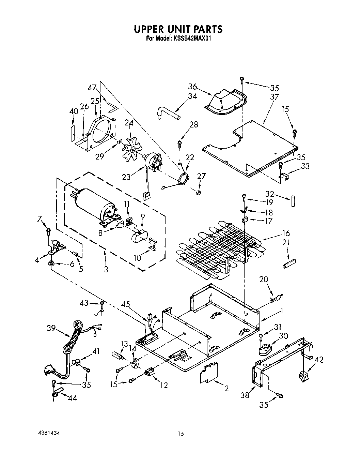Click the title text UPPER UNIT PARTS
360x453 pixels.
(178, 29)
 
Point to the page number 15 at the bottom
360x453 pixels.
(181, 434)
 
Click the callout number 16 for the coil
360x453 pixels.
(286, 233)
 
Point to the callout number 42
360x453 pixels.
(319, 360)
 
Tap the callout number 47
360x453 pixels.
(92, 88)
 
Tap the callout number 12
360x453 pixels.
(164, 386)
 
